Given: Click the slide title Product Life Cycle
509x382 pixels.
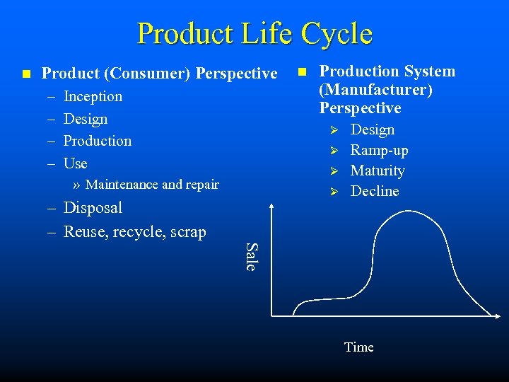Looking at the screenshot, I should (x=255, y=33).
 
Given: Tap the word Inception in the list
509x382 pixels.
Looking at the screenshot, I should (x=93, y=96).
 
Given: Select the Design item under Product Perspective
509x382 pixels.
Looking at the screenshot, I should (x=86, y=119).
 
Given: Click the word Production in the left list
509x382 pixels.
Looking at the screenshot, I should (x=98, y=141).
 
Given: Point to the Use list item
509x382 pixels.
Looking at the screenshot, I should (x=76, y=163).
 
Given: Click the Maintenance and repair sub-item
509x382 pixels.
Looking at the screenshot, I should (x=152, y=185).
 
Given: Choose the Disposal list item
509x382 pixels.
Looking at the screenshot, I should (x=93, y=208).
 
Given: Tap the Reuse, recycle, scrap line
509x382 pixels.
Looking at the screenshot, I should (x=134, y=231).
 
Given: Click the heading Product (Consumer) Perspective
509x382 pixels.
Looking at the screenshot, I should (x=159, y=73).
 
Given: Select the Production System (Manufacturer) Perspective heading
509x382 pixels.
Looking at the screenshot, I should (x=387, y=89).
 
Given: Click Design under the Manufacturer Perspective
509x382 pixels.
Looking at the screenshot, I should (x=373, y=129).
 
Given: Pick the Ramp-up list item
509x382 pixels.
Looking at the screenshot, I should (x=379, y=150).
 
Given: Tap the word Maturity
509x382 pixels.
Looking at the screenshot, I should (x=378, y=170).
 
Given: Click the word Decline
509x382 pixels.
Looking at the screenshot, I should (x=375, y=191).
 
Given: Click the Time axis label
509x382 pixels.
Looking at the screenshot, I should (x=358, y=347).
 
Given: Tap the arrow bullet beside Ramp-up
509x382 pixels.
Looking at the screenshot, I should (x=337, y=151).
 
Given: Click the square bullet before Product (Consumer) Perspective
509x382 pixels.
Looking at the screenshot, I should (x=26, y=74).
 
